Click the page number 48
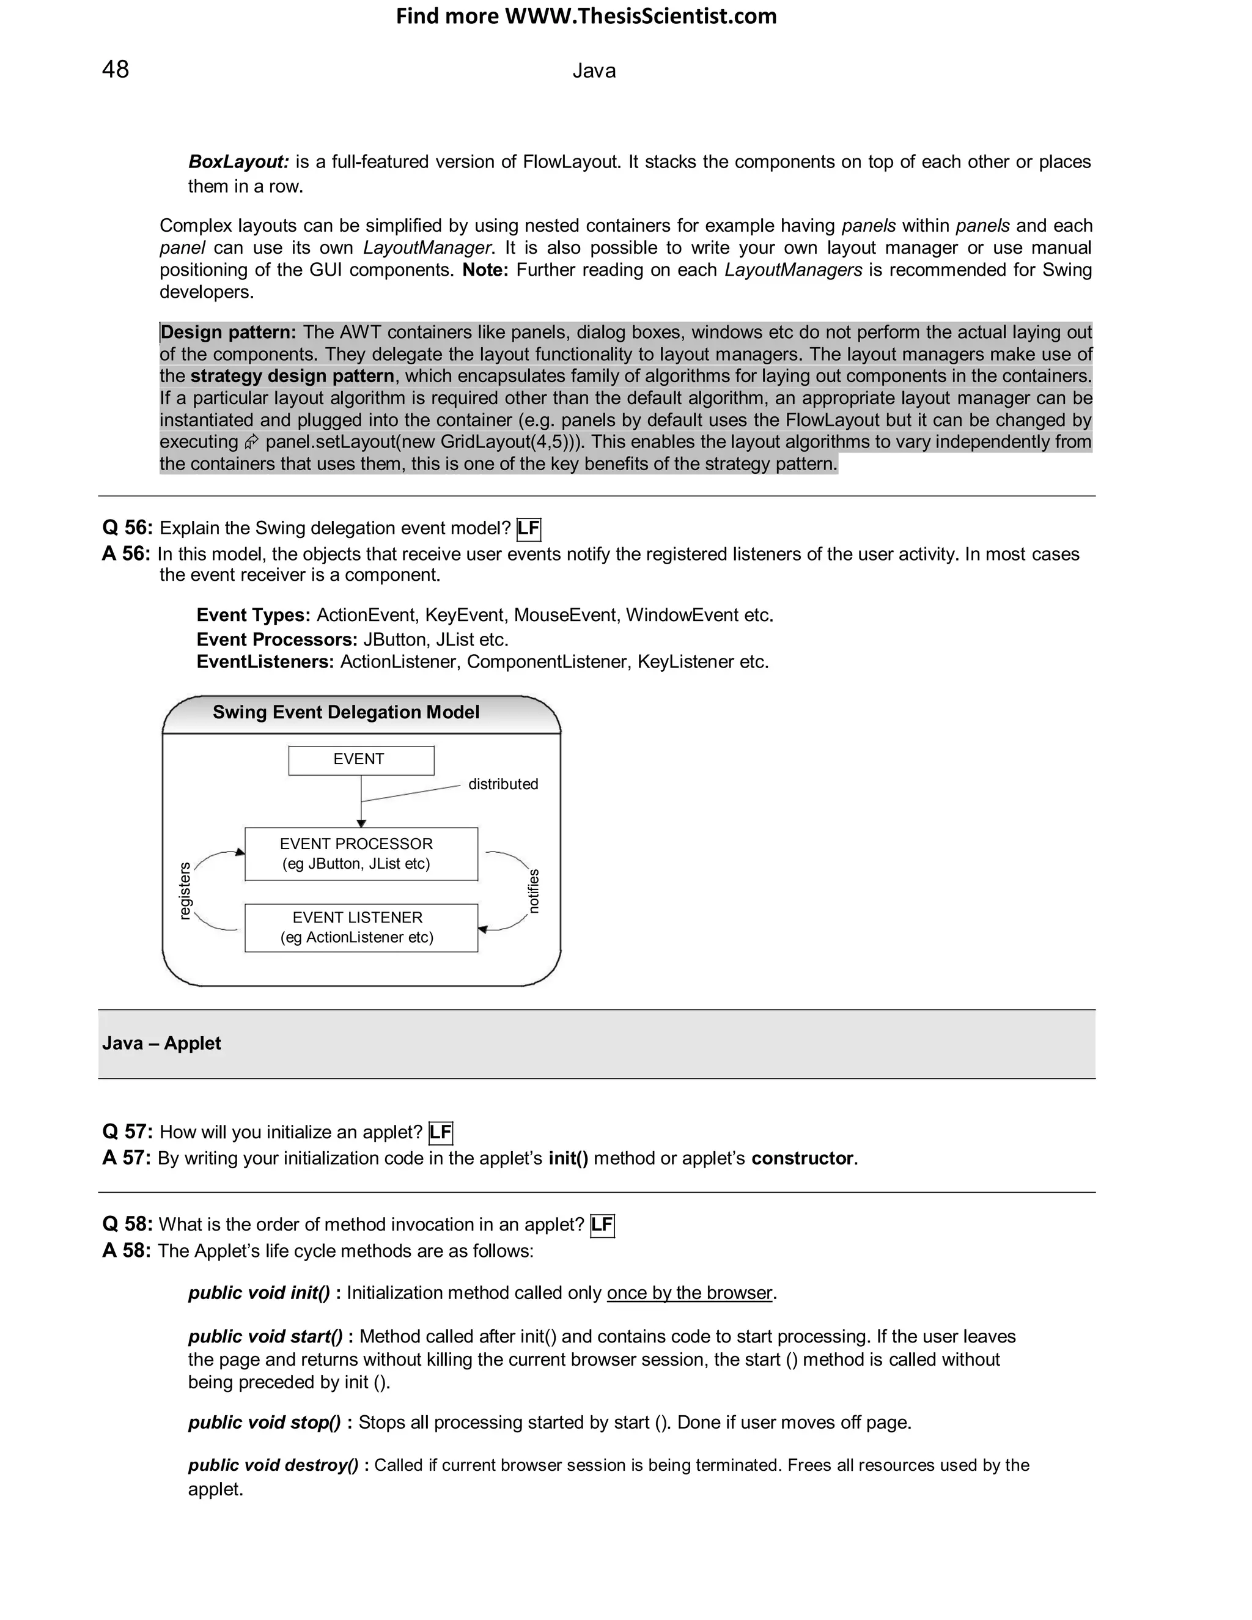pyautogui.click(x=115, y=70)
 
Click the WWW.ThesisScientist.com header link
pyautogui.click(x=640, y=17)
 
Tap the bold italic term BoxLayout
pyautogui.click(x=238, y=162)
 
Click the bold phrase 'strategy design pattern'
pyautogui.click(x=292, y=376)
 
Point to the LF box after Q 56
pyautogui.click(x=528, y=529)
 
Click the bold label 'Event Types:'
pyautogui.click(x=253, y=616)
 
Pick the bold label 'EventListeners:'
pyautogui.click(x=265, y=661)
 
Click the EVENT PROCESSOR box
pyautogui.click(x=361, y=854)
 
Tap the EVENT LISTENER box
pyautogui.click(x=361, y=928)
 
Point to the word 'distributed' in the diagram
pyautogui.click(x=503, y=785)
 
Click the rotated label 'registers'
pyautogui.click(x=185, y=891)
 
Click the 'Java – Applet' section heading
pyautogui.click(x=161, y=1044)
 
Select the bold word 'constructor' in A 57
pyautogui.click(x=802, y=1158)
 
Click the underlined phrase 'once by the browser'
pyautogui.click(x=689, y=1294)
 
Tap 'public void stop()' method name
pyautogui.click(x=264, y=1423)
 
